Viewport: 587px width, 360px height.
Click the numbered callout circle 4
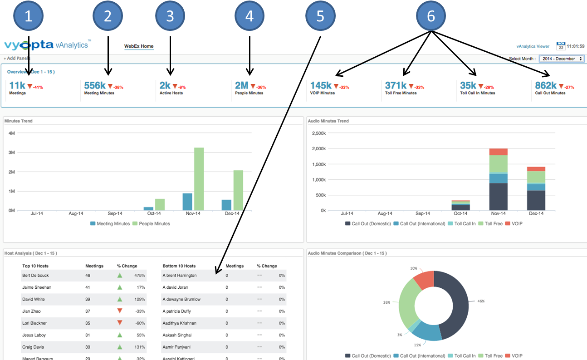tap(249, 16)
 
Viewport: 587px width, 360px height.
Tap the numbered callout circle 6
tap(431, 16)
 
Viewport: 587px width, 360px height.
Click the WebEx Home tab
tap(139, 46)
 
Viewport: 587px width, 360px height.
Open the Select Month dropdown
tap(562, 59)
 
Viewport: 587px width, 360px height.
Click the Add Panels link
tap(17, 59)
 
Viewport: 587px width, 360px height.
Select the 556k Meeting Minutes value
tap(95, 85)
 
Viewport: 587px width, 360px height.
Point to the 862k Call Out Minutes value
tap(545, 85)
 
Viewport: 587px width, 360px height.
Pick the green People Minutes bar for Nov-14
tap(199, 179)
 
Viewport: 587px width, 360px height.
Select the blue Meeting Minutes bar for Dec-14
tap(226, 205)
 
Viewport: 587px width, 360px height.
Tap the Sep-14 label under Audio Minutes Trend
tap(422, 213)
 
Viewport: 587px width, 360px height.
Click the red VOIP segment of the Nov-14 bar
tap(499, 152)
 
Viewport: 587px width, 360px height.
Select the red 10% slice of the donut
tap(423, 280)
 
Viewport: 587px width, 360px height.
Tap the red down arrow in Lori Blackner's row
tap(120, 323)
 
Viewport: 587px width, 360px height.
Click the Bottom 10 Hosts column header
tap(179, 266)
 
